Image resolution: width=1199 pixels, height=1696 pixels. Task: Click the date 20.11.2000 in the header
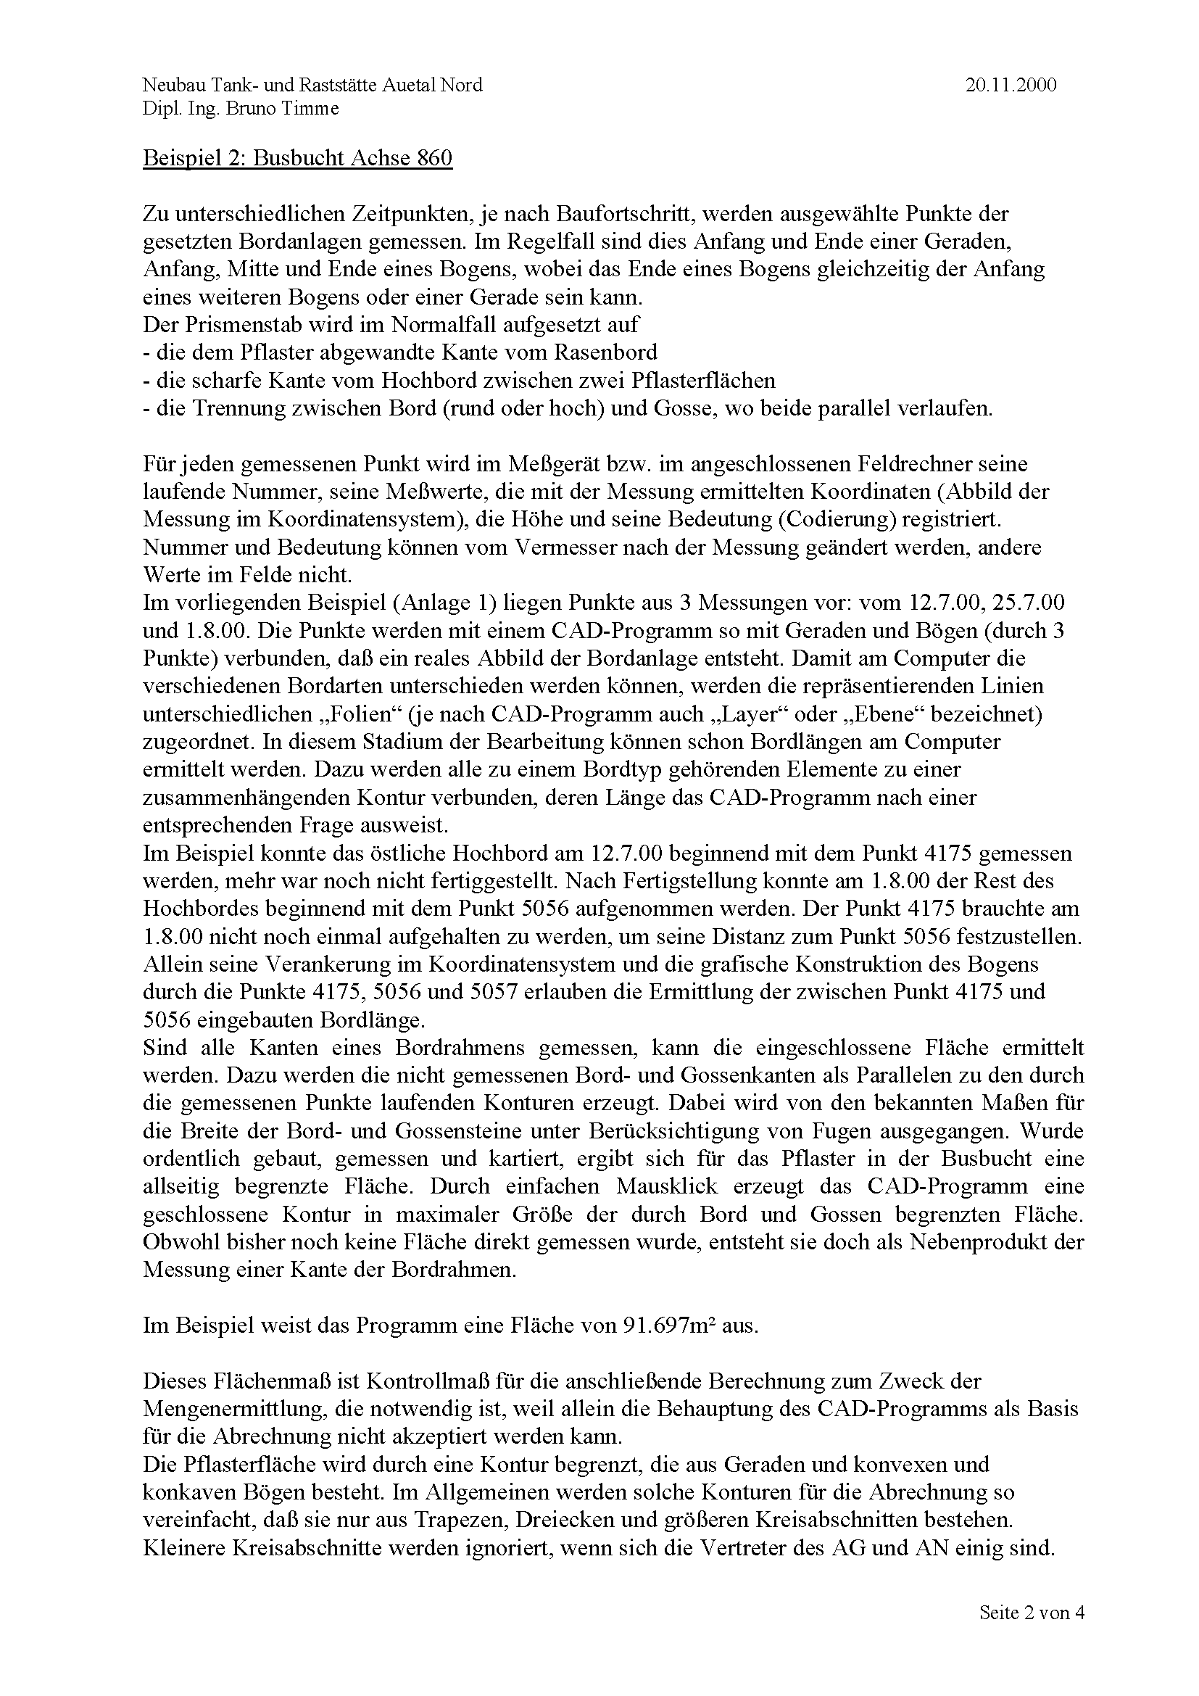pyautogui.click(x=1010, y=85)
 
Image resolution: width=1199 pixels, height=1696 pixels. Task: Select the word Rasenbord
pyautogui.click(x=607, y=352)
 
